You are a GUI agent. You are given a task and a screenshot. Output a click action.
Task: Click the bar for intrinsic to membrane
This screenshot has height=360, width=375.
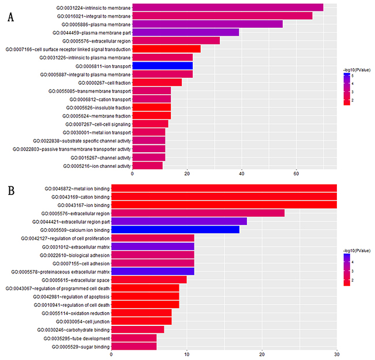[x=227, y=7]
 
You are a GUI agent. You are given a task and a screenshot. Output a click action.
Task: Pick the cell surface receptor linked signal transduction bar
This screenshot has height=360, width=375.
[x=166, y=49]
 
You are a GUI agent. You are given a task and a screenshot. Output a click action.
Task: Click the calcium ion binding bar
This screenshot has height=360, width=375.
[x=175, y=229]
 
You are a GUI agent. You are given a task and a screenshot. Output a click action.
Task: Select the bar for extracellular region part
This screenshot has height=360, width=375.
[x=179, y=221]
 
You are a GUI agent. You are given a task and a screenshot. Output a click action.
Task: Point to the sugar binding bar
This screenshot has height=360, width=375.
[x=133, y=346]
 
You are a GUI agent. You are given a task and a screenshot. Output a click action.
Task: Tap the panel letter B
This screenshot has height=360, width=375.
[x=11, y=190]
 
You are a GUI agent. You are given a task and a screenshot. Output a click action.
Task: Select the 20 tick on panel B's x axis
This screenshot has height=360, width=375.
[x=262, y=355]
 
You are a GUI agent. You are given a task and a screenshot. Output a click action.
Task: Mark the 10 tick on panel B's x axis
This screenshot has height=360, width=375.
[x=186, y=355]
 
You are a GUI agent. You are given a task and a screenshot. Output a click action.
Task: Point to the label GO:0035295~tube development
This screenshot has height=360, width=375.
[x=77, y=338]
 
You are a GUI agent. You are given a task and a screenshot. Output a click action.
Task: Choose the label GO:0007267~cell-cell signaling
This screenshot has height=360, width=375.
[x=92, y=124]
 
